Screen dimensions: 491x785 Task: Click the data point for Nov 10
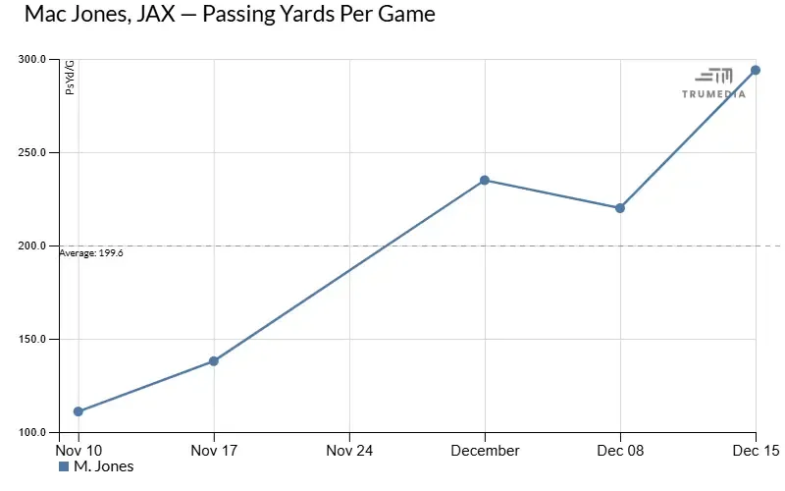pos(78,411)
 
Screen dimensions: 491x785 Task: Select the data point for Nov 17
pos(214,361)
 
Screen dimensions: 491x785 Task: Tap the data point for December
pos(485,181)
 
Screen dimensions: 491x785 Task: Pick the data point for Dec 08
pos(620,208)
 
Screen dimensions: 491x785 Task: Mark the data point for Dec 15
pos(756,71)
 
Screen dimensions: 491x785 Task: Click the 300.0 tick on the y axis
pos(36,59)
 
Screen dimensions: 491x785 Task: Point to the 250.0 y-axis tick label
pos(36,152)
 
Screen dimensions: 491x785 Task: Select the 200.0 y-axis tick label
pos(36,245)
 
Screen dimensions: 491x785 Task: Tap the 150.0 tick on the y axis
pos(36,339)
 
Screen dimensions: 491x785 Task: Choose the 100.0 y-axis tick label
pos(36,432)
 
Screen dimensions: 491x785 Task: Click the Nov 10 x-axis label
pos(78,450)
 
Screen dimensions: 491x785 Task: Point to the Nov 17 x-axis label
pos(214,450)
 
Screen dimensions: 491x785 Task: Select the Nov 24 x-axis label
pos(349,450)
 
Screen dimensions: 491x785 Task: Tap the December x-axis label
pos(485,450)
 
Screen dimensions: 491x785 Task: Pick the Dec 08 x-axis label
pos(620,450)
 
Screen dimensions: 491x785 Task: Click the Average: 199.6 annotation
pos(91,252)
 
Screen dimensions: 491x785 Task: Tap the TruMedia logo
pos(713,83)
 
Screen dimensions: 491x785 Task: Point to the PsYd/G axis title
pos(70,78)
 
